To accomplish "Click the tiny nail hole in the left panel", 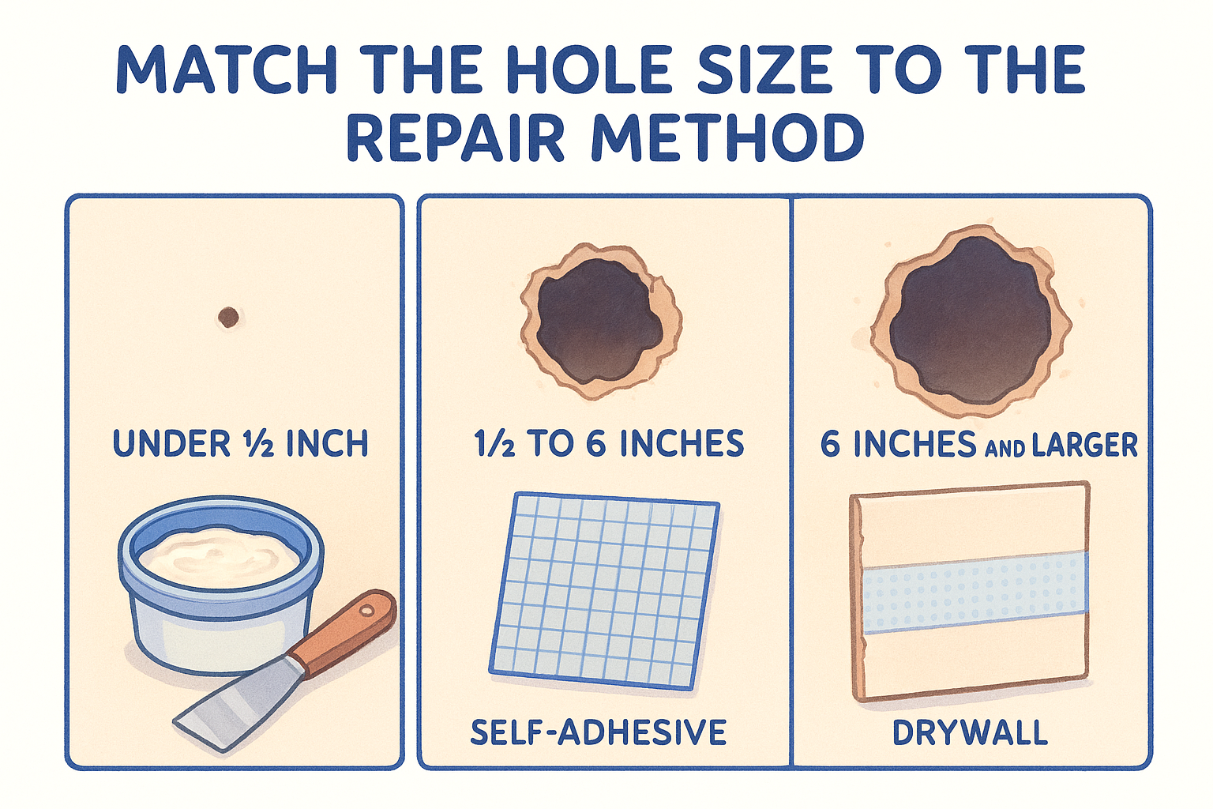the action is coord(228,317).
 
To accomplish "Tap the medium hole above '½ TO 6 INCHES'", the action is coord(600,322).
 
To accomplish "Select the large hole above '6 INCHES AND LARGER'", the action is coord(971,320).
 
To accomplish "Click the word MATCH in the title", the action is coord(227,70).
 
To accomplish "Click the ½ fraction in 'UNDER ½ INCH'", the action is coord(256,444).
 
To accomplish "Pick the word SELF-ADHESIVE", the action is coord(599,732).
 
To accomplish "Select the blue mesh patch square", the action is coord(604,591).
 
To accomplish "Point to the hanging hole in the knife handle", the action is coord(367,611).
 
